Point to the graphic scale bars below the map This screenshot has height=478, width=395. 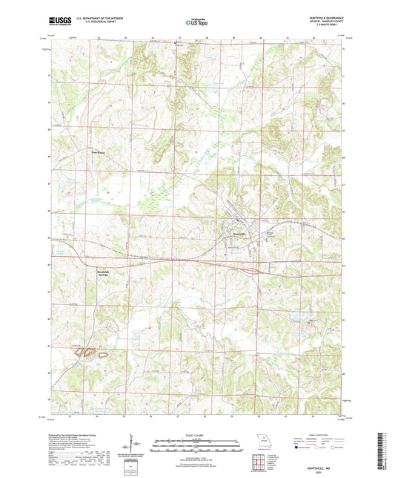[197, 448]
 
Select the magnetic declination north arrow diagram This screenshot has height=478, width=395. [131, 445]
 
